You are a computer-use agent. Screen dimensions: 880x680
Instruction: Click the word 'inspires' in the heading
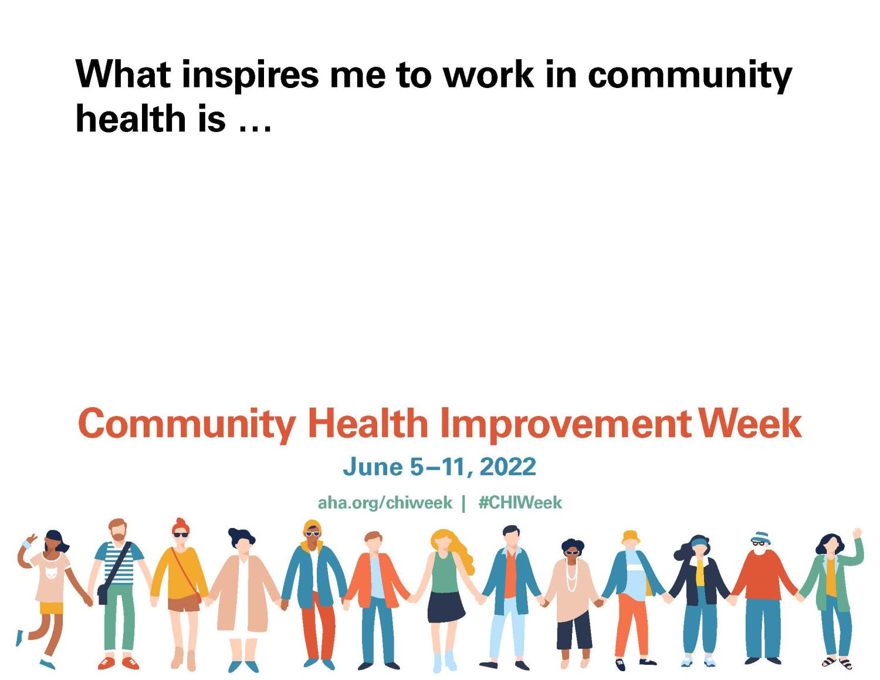[x=251, y=76]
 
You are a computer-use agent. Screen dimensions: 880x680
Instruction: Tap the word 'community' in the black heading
[x=690, y=76]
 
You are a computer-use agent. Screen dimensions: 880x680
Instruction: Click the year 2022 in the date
[x=509, y=467]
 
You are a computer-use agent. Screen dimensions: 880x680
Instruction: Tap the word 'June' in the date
[x=373, y=467]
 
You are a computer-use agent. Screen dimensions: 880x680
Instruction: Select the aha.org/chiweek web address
[x=385, y=503]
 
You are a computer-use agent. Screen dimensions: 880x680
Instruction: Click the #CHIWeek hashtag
[x=520, y=503]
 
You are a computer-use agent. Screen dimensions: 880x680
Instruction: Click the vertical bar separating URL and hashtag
[x=463, y=503]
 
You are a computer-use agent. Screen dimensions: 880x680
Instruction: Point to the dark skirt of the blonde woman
[x=446, y=607]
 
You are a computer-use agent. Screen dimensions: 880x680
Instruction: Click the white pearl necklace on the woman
[x=571, y=575]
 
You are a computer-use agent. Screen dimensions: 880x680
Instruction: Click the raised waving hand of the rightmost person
[x=857, y=533]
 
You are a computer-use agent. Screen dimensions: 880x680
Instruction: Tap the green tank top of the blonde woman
[x=444, y=572]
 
